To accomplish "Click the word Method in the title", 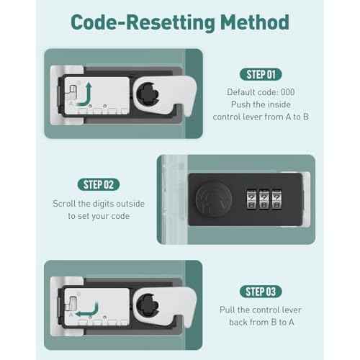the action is (255, 22).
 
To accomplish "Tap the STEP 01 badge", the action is (261, 74).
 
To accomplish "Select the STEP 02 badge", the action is (99, 184).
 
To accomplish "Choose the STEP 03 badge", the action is (261, 292).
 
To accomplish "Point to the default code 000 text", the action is (261, 92).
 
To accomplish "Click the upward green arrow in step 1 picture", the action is (86, 96).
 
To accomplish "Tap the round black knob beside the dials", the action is (214, 199).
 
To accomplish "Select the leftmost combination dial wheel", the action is (251, 199).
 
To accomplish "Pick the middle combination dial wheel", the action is (264, 199).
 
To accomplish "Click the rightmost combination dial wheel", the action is (276, 199).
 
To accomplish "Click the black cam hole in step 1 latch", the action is (148, 94).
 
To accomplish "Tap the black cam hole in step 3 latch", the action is (148, 305).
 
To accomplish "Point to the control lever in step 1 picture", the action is (73, 91).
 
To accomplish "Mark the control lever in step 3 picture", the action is (73, 303).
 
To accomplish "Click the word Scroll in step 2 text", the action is (64, 204).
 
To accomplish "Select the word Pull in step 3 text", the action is (228, 310).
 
